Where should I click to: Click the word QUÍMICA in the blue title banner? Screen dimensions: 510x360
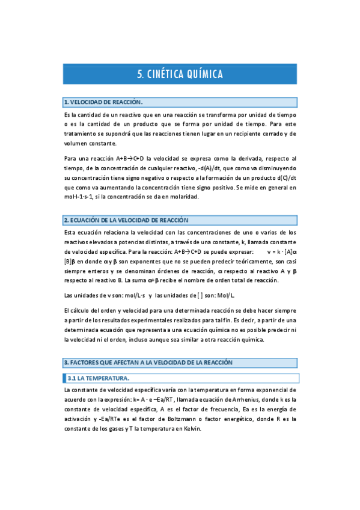pyautogui.click(x=200, y=75)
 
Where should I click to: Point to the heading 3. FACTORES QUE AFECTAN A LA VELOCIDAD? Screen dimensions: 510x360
pyautogui.click(x=148, y=363)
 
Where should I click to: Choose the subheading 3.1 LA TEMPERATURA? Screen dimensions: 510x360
pyautogui.click(x=98, y=378)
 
